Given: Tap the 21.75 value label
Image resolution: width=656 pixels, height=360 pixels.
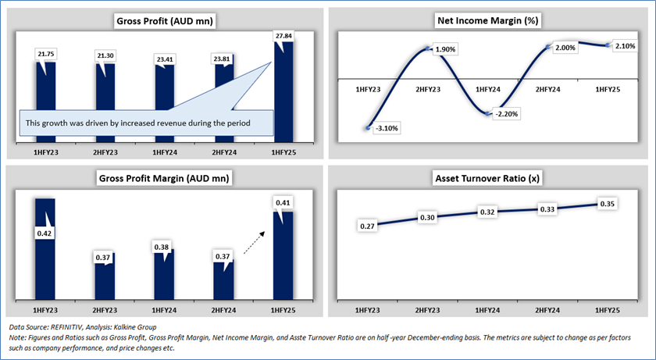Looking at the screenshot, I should click(x=45, y=53).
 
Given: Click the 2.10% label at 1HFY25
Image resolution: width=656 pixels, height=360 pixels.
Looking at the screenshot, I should click(x=623, y=46).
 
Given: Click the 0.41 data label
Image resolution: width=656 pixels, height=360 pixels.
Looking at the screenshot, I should click(x=282, y=204).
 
